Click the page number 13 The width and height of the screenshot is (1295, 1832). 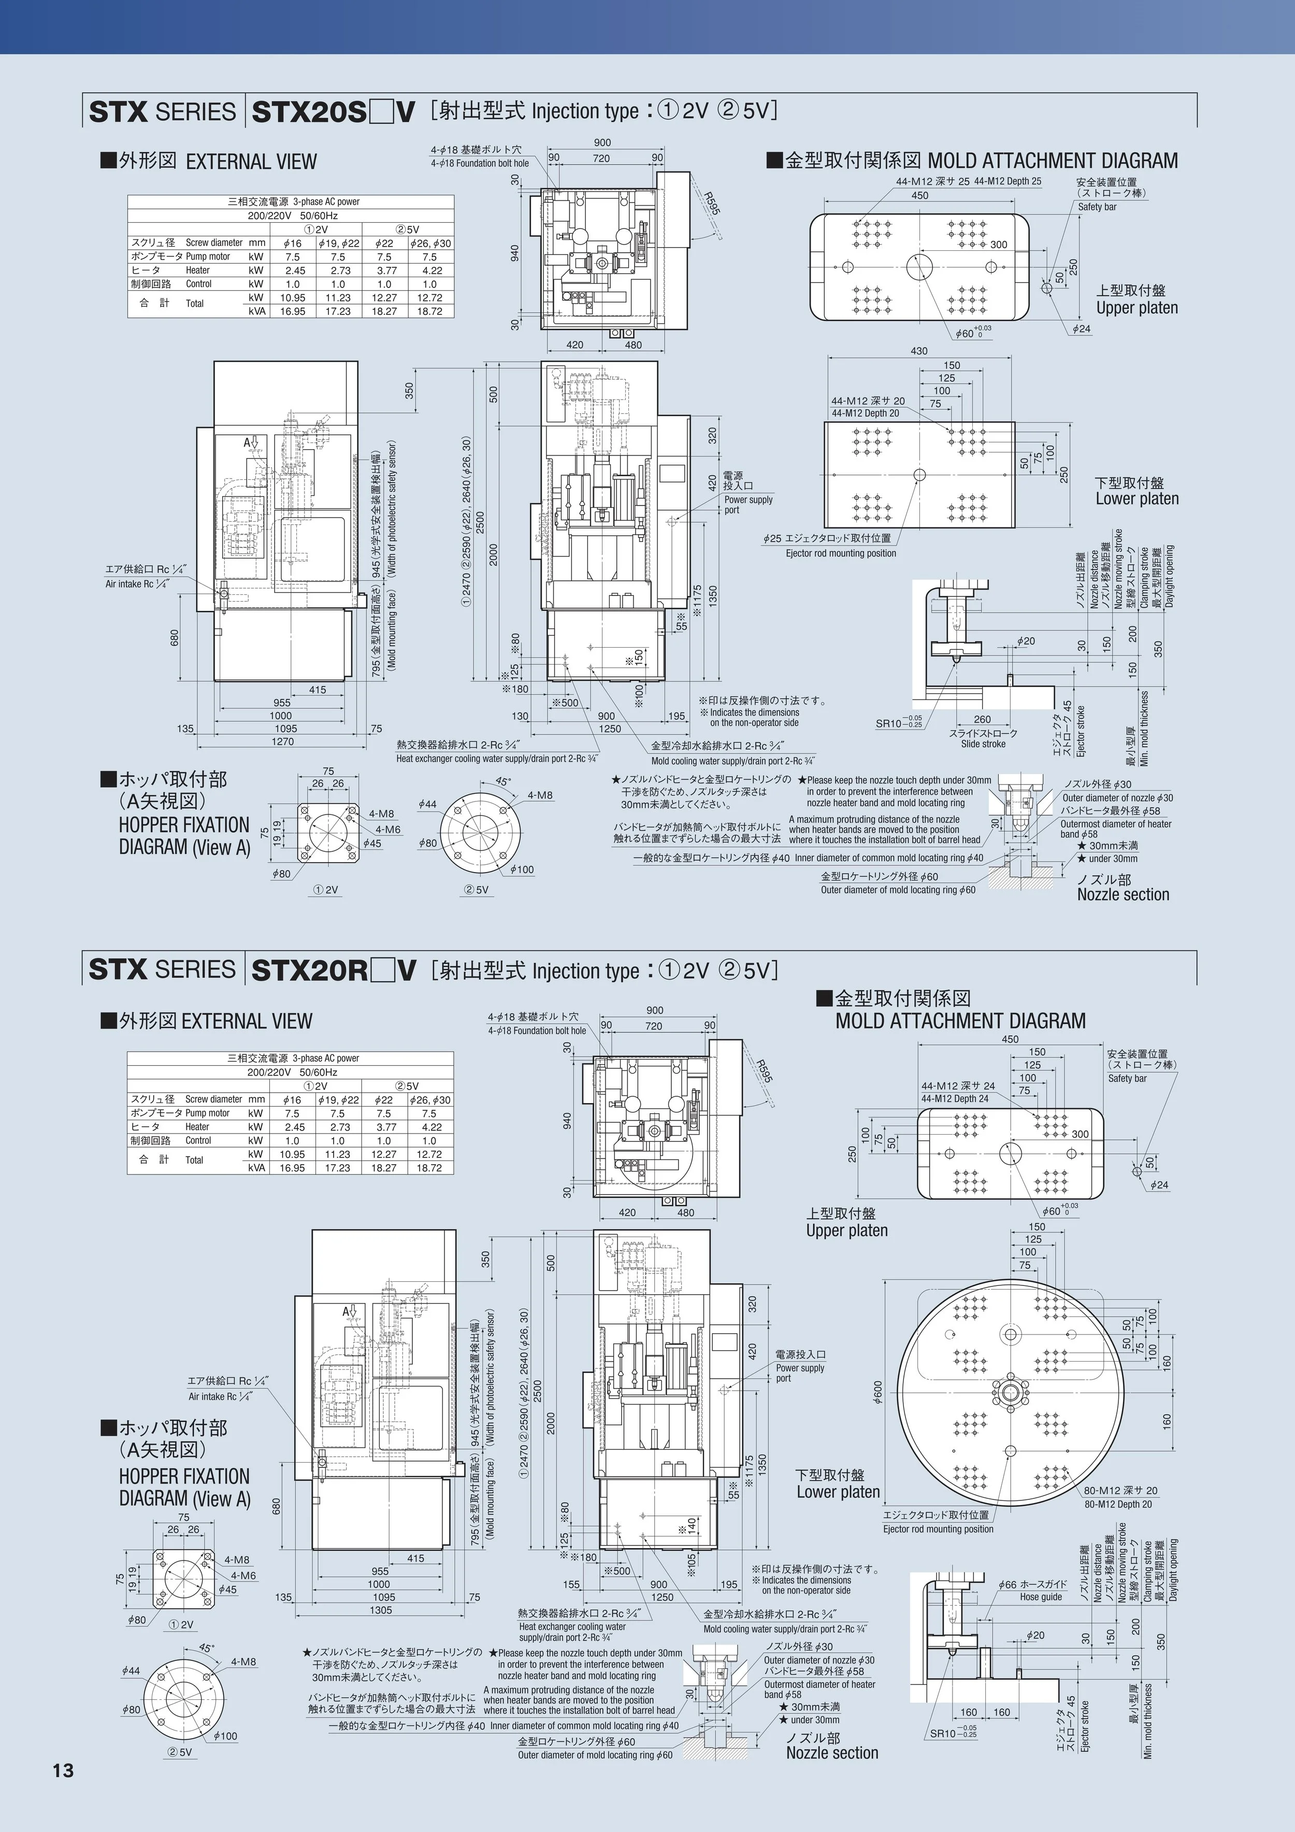(x=63, y=1770)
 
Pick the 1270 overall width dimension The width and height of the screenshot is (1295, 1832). (x=282, y=741)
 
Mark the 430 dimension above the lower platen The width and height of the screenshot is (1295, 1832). (x=918, y=351)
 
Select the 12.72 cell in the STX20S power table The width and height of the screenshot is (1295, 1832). (x=429, y=297)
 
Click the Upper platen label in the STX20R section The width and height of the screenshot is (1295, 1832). (x=846, y=1230)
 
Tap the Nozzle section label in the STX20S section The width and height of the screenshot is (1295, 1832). (x=1123, y=894)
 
